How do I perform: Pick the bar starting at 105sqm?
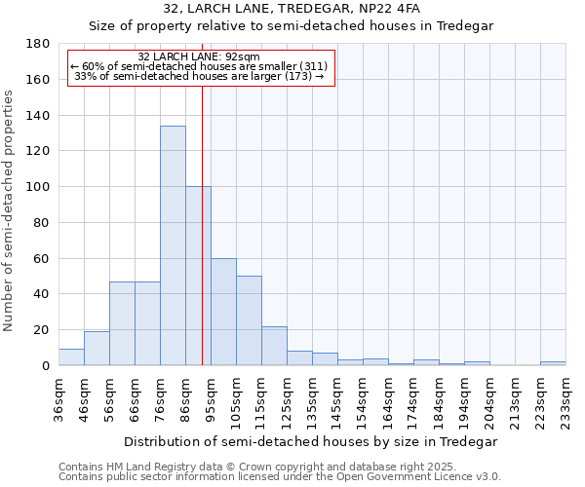pos(249,320)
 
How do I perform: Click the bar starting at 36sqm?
pos(71,357)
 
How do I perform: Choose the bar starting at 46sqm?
pos(97,349)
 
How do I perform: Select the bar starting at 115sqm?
pos(274,346)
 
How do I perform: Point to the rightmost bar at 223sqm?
pos(553,363)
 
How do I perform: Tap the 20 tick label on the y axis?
pos(42,330)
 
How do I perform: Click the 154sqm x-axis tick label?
pos(364,393)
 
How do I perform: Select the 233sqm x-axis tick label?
pos(566,393)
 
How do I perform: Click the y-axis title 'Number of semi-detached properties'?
pos(10,210)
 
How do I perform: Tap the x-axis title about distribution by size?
pos(311,441)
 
